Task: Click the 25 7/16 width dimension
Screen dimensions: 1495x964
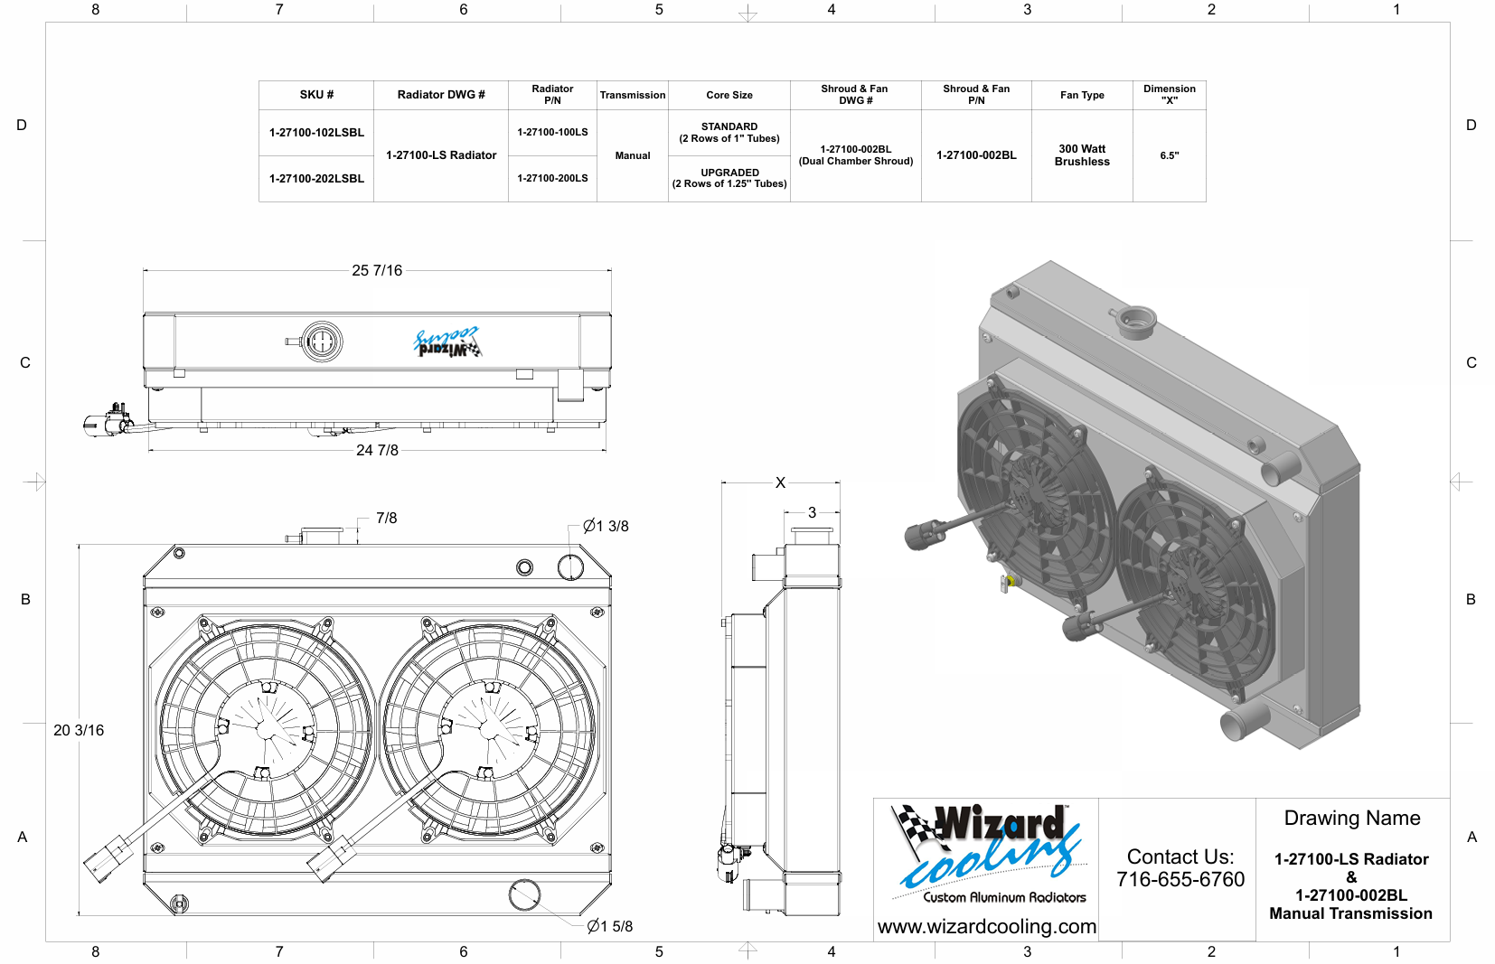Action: pos(377,270)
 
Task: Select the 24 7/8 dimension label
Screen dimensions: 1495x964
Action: pos(377,450)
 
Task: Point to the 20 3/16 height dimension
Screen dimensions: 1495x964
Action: pos(79,730)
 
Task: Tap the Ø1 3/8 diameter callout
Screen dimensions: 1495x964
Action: pos(606,526)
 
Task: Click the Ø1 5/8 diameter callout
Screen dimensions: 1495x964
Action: pos(610,926)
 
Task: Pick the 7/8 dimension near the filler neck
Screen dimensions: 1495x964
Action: pos(387,518)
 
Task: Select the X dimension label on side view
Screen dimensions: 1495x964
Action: pos(780,482)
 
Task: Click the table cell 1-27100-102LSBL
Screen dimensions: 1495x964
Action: pos(316,133)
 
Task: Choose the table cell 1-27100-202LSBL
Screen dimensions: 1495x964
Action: pos(316,179)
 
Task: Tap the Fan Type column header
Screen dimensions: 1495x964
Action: pos(1082,95)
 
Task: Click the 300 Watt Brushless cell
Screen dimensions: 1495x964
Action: pos(1082,155)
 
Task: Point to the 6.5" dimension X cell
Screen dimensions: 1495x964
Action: pos(1170,155)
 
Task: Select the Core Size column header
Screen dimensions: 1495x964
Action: pos(729,95)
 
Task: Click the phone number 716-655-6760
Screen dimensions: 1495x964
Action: pos(1180,879)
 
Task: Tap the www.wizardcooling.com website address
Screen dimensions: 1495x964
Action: pos(986,927)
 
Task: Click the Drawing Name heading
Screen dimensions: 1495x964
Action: pos(1352,818)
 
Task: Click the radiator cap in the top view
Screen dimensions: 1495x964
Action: pos(322,342)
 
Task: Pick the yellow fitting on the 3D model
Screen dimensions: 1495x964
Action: pos(1010,581)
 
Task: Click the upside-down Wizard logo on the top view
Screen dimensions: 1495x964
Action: pos(447,342)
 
